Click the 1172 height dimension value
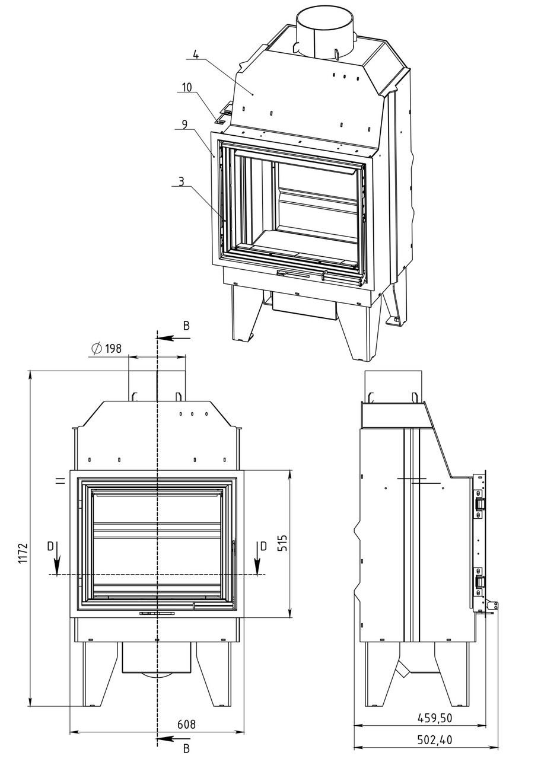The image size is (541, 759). pos(23,553)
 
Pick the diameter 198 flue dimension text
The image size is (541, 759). pos(106,348)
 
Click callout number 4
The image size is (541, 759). pos(195,54)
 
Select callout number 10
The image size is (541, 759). pos(187,87)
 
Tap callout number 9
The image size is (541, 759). pos(184,125)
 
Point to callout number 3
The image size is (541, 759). pos(182,181)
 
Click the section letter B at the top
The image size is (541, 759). pos(186,326)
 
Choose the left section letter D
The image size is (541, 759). pos(50,546)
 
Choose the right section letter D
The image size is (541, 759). pos(263,546)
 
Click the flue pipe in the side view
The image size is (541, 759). pos(393,386)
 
